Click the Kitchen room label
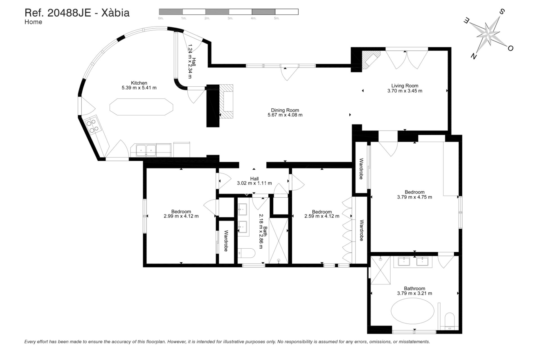pyautogui.click(x=139, y=83)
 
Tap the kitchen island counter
pyautogui.click(x=141, y=107)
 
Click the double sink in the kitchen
pyautogui.click(x=146, y=150)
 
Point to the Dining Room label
pyautogui.click(x=285, y=110)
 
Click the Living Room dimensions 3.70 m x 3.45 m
pyautogui.click(x=405, y=91)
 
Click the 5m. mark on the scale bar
pyautogui.click(x=277, y=18)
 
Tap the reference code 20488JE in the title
pyautogui.click(x=69, y=13)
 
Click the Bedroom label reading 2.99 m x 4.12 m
pyautogui.click(x=181, y=216)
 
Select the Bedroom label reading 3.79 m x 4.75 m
pyautogui.click(x=414, y=197)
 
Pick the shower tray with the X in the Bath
pyautogui.click(x=279, y=240)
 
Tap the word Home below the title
pyautogui.click(x=33, y=22)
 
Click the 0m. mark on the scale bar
pyautogui.click(x=161, y=18)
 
